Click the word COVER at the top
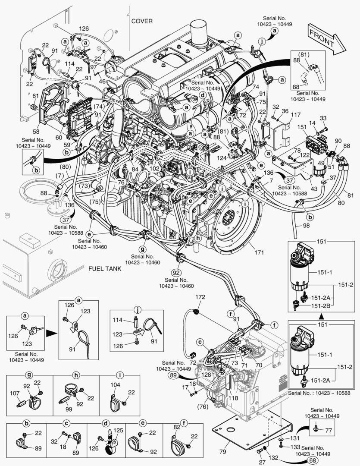[142, 21]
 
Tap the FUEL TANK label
[105, 268]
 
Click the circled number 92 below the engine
[176, 273]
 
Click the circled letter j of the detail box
[138, 310]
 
